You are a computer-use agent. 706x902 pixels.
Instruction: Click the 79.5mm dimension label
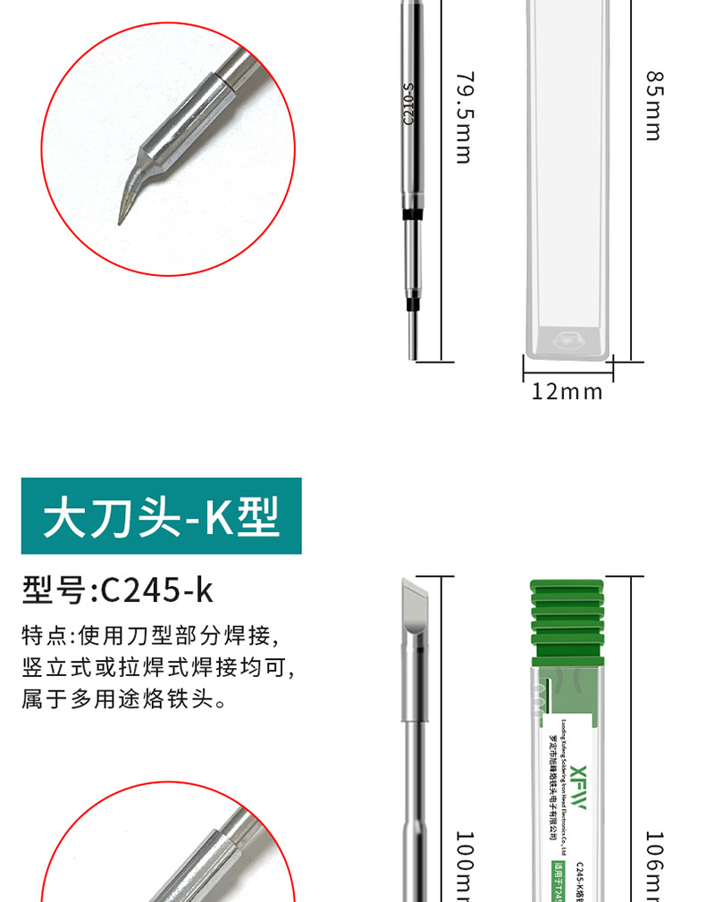click(x=463, y=117)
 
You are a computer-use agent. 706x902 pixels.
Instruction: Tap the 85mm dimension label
click(x=653, y=104)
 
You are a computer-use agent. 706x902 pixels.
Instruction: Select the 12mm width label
click(x=567, y=391)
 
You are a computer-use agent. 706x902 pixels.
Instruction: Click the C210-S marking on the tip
click(x=409, y=104)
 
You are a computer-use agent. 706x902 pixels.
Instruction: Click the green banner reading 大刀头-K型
click(x=162, y=516)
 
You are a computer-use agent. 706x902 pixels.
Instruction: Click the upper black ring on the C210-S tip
click(x=411, y=215)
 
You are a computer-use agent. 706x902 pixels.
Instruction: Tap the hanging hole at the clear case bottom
click(x=567, y=339)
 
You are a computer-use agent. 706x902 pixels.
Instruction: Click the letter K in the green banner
click(x=220, y=517)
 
